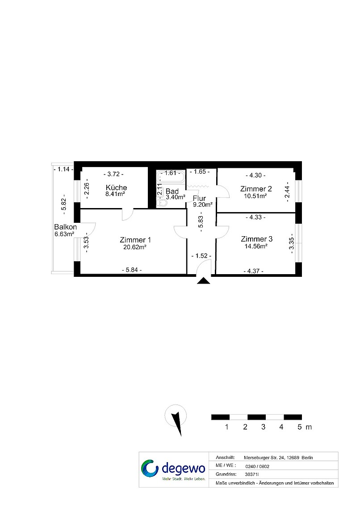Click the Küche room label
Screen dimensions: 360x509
pyautogui.click(x=116, y=188)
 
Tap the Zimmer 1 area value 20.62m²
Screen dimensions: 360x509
pyautogui.click(x=135, y=247)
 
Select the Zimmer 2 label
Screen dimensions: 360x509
pyautogui.click(x=256, y=189)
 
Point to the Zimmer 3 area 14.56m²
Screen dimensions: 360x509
pyautogui.click(x=256, y=246)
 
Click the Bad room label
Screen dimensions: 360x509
pyautogui.click(x=172, y=192)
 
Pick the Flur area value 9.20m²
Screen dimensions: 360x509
pyautogui.click(x=203, y=205)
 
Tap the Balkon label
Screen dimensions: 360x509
pyautogui.click(x=65, y=227)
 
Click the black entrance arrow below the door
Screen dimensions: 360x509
pyautogui.click(x=204, y=281)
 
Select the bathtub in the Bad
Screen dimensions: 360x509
pyautogui.click(x=171, y=177)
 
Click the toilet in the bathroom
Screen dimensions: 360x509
pyautogui.click(x=162, y=203)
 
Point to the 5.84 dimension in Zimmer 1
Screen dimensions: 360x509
pyautogui.click(x=132, y=270)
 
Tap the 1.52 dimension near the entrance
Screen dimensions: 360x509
pyautogui.click(x=201, y=256)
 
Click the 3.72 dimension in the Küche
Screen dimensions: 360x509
pyautogui.click(x=113, y=174)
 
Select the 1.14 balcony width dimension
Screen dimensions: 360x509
pyautogui.click(x=63, y=169)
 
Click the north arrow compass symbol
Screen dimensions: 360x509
pyautogui.click(x=176, y=419)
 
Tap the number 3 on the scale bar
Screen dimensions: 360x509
pyautogui.click(x=263, y=427)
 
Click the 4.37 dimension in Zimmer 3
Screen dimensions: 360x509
pyautogui.click(x=254, y=271)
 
